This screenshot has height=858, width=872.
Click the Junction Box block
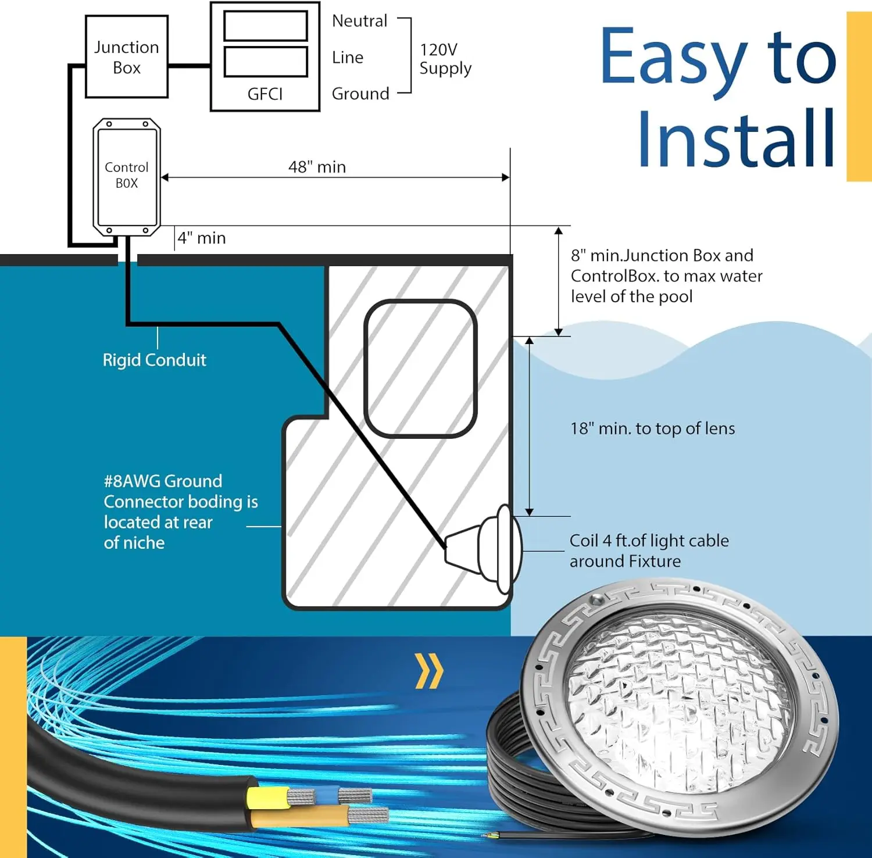coord(127,57)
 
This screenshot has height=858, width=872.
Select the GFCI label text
coord(265,94)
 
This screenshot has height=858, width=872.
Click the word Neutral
coord(359,21)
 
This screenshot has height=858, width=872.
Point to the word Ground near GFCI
coord(360,94)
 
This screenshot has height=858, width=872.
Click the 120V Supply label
coord(445,59)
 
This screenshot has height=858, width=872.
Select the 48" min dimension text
coord(317,167)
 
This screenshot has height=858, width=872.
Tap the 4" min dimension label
coord(202,238)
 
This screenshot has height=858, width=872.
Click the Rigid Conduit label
coord(154,360)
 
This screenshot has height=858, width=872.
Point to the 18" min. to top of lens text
coord(652,428)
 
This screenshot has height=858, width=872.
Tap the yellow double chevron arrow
coord(429,671)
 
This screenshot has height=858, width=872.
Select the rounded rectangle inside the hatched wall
coord(420,368)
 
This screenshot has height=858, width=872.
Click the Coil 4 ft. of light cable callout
coord(649,550)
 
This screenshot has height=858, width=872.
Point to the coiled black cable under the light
coord(512,767)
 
